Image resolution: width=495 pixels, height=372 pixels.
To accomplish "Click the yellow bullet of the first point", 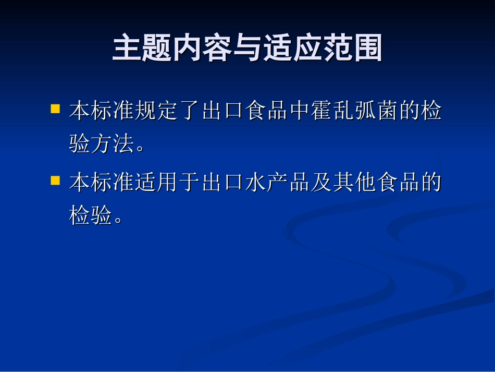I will pyautogui.click(x=54, y=110).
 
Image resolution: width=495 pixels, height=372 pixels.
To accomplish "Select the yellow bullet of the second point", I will pyautogui.click(x=54, y=181).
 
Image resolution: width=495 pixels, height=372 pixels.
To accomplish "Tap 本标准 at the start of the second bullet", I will pyautogui.click(x=101, y=183).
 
